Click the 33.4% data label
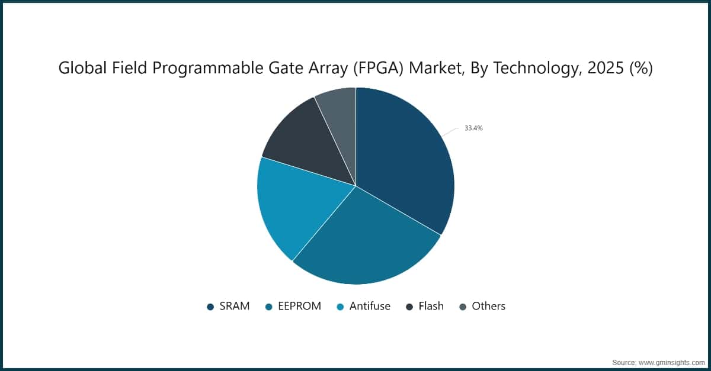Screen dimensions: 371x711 pos(473,128)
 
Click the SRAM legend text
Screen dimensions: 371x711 pos(235,307)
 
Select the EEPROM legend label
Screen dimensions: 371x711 pos(299,307)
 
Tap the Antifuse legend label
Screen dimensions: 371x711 pos(370,307)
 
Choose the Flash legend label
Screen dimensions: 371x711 pos(431,307)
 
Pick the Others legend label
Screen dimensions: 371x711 pos(488,307)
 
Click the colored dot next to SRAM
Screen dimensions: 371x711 pos(210,307)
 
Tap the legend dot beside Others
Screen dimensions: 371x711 pos(463,307)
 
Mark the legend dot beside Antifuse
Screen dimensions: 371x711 pos(340,307)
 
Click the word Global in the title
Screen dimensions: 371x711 pos(76,69)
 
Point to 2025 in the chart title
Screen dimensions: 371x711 pos(599,69)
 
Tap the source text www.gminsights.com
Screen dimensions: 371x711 pos(671,362)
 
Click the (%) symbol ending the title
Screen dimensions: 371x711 pos(640,69)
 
